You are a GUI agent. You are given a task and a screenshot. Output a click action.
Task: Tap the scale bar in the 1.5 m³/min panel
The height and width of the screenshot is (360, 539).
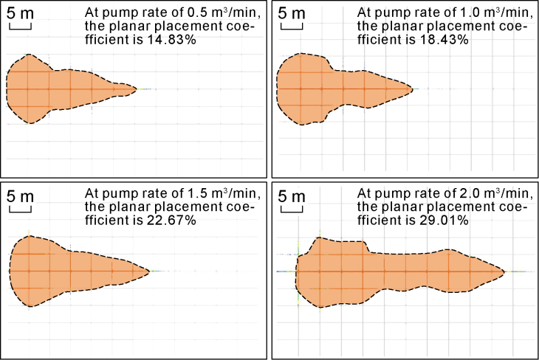click(20, 210)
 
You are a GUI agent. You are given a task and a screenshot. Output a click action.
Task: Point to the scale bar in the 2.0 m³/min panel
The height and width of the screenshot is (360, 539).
click(292, 210)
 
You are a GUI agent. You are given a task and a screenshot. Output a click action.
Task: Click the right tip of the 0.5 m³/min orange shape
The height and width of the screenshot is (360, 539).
click(137, 89)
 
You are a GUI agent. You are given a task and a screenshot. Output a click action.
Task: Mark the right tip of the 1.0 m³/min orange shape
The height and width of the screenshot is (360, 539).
click(413, 89)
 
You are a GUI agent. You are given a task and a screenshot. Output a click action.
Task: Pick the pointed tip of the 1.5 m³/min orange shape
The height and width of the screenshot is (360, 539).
click(150, 271)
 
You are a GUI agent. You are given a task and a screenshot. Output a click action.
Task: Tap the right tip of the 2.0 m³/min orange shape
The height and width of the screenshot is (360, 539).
click(504, 271)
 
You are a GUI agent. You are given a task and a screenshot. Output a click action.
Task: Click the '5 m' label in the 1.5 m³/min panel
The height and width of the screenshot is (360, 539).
click(20, 196)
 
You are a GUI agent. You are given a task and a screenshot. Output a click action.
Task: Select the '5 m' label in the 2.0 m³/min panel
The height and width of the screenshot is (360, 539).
click(292, 196)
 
